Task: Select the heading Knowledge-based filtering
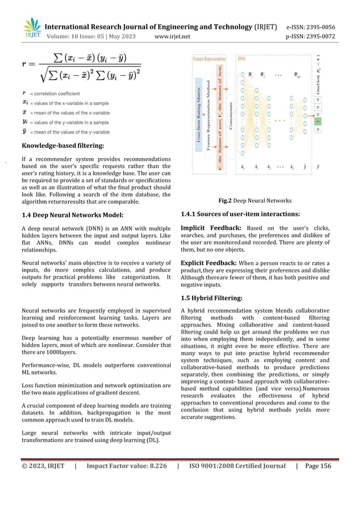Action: [63, 146]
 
